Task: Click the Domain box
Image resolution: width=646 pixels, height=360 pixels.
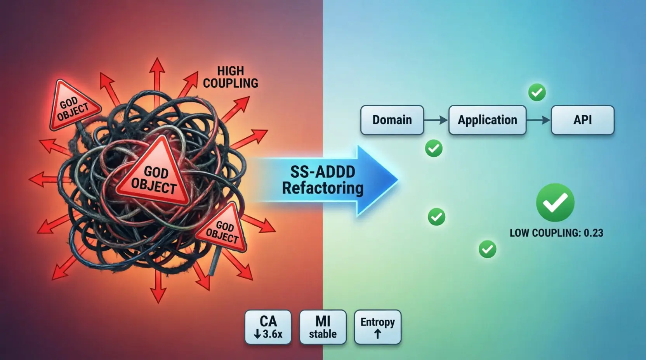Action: pyautogui.click(x=392, y=120)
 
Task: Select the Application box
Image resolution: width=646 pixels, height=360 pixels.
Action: pyautogui.click(x=487, y=120)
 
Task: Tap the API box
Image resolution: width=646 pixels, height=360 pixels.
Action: pyautogui.click(x=583, y=120)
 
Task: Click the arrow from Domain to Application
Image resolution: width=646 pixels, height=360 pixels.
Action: pyautogui.click(x=436, y=120)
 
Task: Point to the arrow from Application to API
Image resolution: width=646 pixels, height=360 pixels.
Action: pyautogui.click(x=538, y=120)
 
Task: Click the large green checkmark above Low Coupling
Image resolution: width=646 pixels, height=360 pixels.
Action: pyautogui.click(x=555, y=202)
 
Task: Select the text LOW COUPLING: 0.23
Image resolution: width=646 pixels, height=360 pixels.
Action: pyautogui.click(x=556, y=233)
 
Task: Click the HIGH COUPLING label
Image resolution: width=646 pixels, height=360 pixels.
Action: pyautogui.click(x=231, y=77)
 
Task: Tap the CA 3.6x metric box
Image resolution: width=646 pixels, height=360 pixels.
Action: pyautogui.click(x=268, y=327)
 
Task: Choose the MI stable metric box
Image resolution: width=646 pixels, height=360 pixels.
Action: pyautogui.click(x=323, y=327)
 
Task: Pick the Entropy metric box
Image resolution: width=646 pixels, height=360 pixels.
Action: pyautogui.click(x=377, y=327)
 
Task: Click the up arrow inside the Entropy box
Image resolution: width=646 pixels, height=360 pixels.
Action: pyautogui.click(x=377, y=334)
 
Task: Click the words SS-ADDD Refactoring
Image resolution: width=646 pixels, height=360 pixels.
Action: pyautogui.click(x=323, y=180)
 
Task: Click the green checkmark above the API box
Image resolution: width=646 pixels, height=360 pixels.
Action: pyautogui.click(x=537, y=92)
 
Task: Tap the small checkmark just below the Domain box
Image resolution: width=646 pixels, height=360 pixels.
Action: pyautogui.click(x=434, y=148)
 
